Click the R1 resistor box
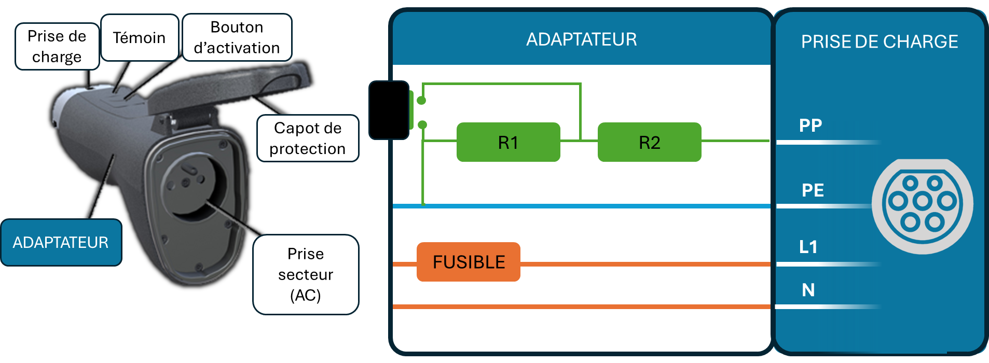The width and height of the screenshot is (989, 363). pyautogui.click(x=508, y=142)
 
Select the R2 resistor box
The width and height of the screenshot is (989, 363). pyautogui.click(x=649, y=142)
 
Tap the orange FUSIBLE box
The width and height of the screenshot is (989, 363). pyautogui.click(x=468, y=262)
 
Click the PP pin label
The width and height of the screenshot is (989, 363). pyautogui.click(x=811, y=125)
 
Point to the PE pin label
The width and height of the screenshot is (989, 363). pyautogui.click(x=813, y=190)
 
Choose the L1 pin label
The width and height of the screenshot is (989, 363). pyautogui.click(x=808, y=247)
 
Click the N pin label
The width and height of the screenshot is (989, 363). pyautogui.click(x=808, y=290)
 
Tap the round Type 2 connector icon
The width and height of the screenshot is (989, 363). pyautogui.click(x=922, y=206)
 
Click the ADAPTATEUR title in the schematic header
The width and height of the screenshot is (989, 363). pyautogui.click(x=581, y=39)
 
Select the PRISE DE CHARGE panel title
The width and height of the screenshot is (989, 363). pyautogui.click(x=880, y=41)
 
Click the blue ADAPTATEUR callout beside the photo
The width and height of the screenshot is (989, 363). pyautogui.click(x=61, y=242)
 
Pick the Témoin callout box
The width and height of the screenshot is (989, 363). pyautogui.click(x=139, y=38)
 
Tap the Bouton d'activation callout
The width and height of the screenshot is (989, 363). pyautogui.click(x=237, y=37)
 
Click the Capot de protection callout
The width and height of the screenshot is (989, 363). pyautogui.click(x=308, y=138)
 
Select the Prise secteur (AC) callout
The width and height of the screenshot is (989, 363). pyautogui.click(x=306, y=274)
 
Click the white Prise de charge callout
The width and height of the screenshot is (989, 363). pyautogui.click(x=57, y=47)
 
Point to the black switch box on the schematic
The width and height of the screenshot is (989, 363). pyautogui.click(x=389, y=110)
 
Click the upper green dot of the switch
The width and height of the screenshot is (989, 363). pyautogui.click(x=421, y=101)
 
